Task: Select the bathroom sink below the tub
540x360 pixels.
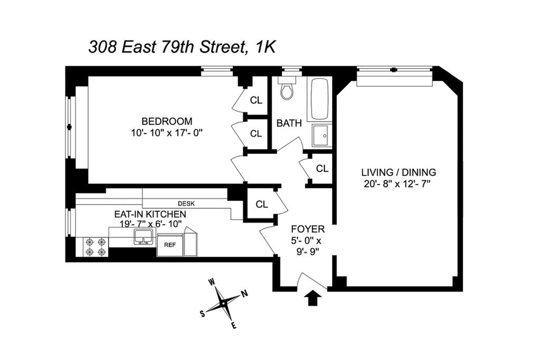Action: (x=322, y=135)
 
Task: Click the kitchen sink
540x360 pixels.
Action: (x=142, y=238)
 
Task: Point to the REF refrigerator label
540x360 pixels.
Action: (x=170, y=245)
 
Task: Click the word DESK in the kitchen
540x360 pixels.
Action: (x=186, y=204)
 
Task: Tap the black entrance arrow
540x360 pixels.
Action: (x=314, y=297)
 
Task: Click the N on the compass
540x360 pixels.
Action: (x=244, y=294)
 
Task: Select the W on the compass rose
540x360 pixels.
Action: (x=212, y=283)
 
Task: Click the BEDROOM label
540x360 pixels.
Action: (x=167, y=121)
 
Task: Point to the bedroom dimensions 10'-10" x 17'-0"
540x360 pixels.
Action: (x=167, y=133)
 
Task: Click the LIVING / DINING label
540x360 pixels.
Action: (x=399, y=172)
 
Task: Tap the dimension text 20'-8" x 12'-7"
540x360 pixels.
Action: (x=398, y=184)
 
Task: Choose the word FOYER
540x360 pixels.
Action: (x=308, y=229)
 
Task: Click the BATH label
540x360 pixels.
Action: (x=289, y=123)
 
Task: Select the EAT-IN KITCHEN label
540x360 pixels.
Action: (x=150, y=214)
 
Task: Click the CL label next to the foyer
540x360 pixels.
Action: (x=262, y=205)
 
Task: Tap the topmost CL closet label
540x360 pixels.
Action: (x=256, y=100)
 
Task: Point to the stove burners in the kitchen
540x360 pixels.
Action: (x=96, y=247)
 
